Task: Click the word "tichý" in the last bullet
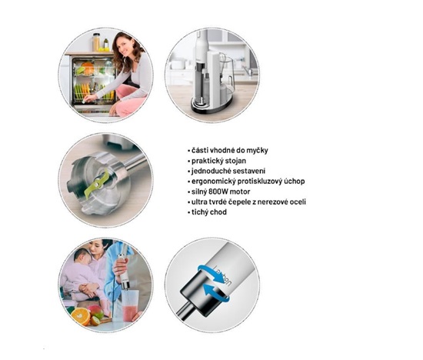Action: coord(199,212)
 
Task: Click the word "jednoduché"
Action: coord(211,171)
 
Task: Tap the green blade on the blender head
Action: coord(97,185)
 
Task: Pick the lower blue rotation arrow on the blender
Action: coord(216,294)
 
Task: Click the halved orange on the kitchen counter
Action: coord(81,315)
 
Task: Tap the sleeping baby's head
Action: coord(82,256)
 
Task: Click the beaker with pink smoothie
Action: coord(130,305)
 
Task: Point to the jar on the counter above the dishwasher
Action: coord(96,42)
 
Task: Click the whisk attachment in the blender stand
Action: coord(222,62)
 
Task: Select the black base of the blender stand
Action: coord(212,107)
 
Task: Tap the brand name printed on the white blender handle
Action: coord(222,276)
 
